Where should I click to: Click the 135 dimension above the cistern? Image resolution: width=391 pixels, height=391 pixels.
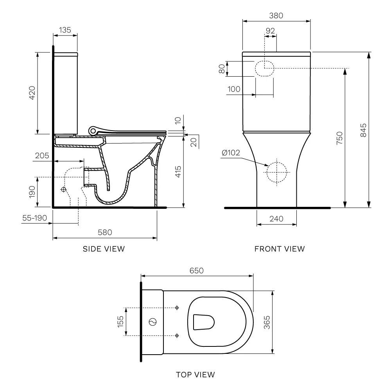click(65, 30)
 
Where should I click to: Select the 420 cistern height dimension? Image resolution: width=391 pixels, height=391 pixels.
click(32, 93)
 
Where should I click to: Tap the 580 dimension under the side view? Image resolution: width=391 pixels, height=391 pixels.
click(105, 232)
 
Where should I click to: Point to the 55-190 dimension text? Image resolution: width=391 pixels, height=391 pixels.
click(35, 218)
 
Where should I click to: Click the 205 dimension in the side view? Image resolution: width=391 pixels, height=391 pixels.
click(42, 156)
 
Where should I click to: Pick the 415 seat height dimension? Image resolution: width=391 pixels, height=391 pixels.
click(178, 172)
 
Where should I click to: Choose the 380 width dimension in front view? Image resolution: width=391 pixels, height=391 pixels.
click(276, 16)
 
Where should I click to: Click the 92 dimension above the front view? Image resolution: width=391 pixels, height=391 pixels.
click(270, 31)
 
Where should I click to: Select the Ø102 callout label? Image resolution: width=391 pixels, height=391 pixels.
click(231, 152)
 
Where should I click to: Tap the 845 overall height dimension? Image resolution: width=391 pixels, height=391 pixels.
click(363, 130)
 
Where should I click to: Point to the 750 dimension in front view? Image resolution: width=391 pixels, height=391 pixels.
click(339, 138)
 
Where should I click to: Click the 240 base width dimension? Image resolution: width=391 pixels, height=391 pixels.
click(276, 219)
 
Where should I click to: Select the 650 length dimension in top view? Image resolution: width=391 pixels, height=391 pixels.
click(197, 271)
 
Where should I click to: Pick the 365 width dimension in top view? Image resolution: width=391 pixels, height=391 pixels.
click(267, 322)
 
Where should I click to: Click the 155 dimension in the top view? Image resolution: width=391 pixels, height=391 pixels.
click(120, 321)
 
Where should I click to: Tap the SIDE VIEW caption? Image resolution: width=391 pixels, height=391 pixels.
click(104, 249)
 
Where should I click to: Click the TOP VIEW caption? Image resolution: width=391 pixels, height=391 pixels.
click(195, 375)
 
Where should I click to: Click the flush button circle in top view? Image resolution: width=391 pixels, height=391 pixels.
click(152, 322)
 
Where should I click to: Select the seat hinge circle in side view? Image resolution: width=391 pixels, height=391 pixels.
click(93, 131)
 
